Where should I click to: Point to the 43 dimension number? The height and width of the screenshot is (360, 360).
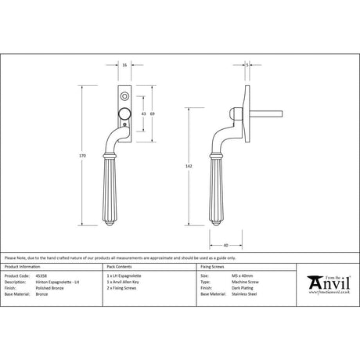(x=142, y=114)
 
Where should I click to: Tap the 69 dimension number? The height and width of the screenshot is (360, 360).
(x=152, y=114)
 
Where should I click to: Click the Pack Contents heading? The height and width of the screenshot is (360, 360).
(x=118, y=266)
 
